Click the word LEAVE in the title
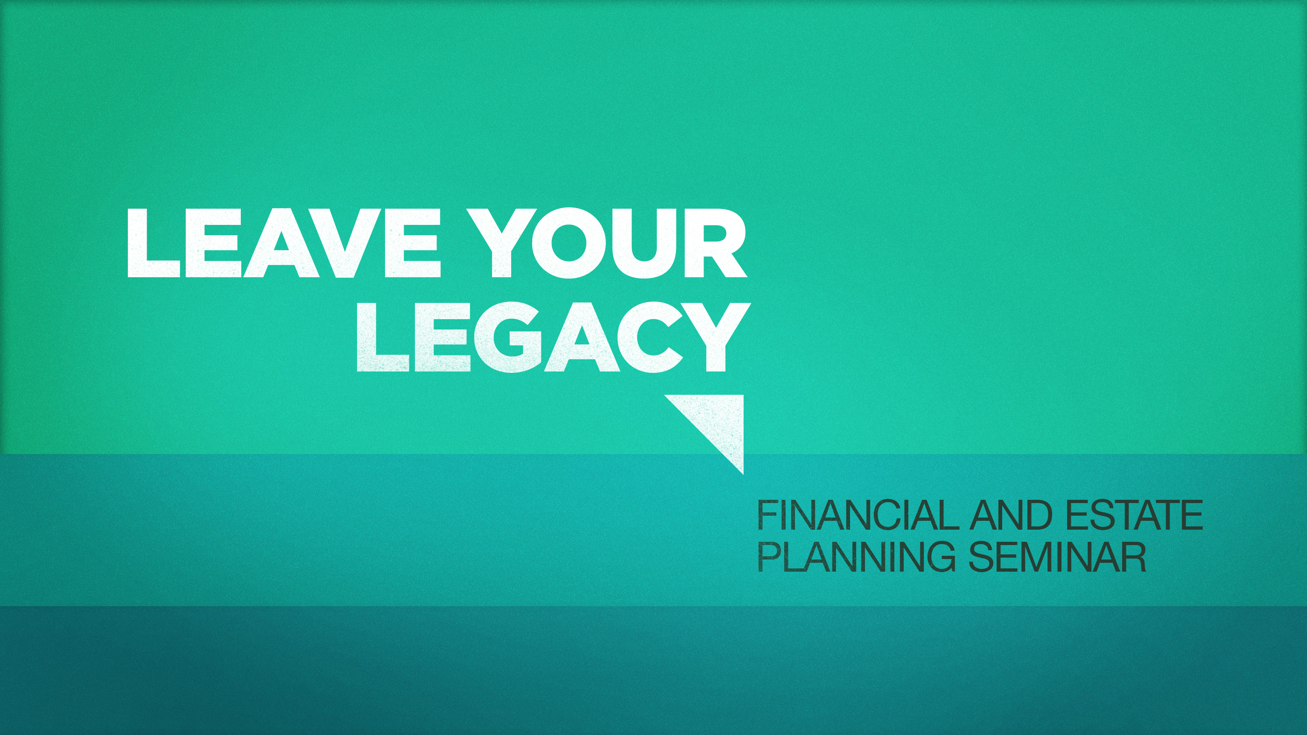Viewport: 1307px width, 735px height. (284, 243)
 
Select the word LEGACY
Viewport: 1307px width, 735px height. (554, 337)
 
